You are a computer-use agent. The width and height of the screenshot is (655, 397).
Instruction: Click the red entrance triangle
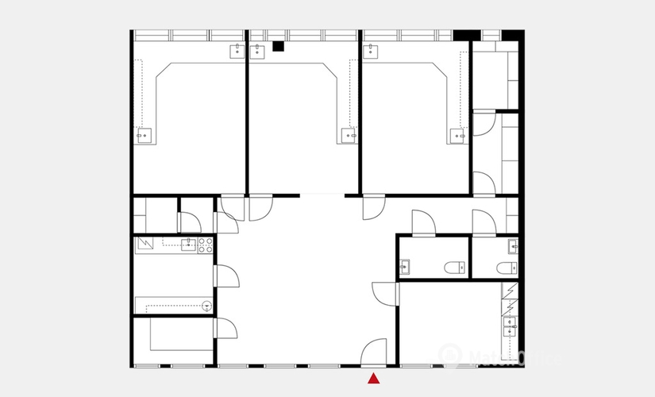374,379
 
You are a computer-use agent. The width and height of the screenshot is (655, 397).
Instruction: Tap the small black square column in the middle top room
278,46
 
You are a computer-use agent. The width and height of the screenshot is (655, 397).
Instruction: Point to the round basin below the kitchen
207,304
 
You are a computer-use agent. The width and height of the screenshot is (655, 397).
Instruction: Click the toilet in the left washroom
455,267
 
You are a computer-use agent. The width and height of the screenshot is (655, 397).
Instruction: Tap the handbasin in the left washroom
405,267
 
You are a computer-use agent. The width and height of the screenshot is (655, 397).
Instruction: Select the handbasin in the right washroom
514,247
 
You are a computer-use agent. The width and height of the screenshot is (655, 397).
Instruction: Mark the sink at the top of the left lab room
237,52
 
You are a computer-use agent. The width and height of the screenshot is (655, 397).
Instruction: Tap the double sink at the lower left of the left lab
144,135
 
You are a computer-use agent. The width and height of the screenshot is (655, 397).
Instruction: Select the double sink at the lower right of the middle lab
349,135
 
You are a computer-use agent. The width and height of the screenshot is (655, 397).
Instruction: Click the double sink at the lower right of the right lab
458,135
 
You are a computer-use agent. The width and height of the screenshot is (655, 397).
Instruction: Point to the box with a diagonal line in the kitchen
144,243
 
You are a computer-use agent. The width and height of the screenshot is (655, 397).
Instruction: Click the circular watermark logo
450,355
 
